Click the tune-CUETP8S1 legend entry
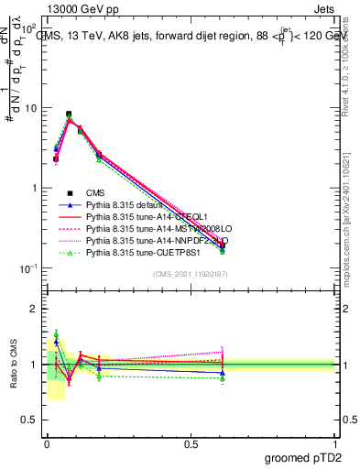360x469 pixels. click(146, 252)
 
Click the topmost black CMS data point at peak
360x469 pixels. click(69, 115)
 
